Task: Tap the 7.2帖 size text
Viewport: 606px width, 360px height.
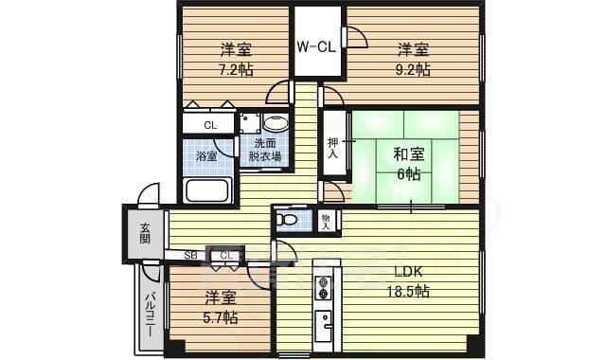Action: (x=235, y=69)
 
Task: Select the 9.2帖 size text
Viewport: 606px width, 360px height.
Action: (x=413, y=69)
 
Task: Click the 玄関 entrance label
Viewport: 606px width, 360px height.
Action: (x=146, y=233)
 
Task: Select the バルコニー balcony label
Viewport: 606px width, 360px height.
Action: (x=151, y=309)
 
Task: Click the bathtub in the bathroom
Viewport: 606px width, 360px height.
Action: (x=208, y=189)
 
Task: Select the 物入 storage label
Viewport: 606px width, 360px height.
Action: (x=326, y=222)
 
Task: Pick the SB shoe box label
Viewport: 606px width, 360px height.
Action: (x=190, y=255)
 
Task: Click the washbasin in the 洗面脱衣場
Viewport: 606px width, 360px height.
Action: (x=276, y=124)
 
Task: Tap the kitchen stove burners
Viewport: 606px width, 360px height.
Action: (x=322, y=286)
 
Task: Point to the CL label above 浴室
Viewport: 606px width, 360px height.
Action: (x=210, y=124)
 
